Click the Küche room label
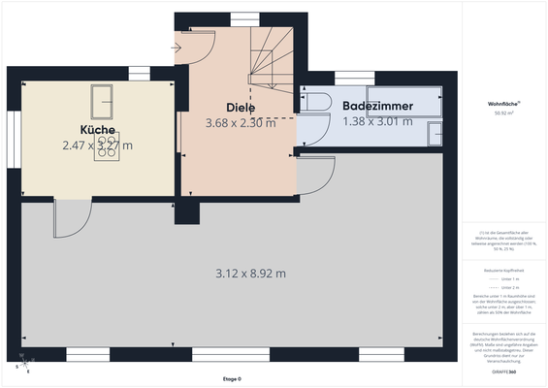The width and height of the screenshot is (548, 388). pyautogui.click(x=99, y=130)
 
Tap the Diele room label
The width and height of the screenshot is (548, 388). pyautogui.click(x=241, y=108)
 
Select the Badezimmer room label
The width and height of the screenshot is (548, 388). pyautogui.click(x=378, y=106)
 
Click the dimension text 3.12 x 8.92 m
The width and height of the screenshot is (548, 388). pyautogui.click(x=250, y=273)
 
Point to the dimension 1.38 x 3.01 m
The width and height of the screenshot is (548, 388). pyautogui.click(x=378, y=121)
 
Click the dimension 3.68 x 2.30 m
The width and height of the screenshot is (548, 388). pyautogui.click(x=241, y=123)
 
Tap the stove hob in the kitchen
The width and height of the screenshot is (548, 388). pyautogui.click(x=107, y=145)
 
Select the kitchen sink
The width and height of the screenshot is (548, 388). pyautogui.click(x=102, y=99)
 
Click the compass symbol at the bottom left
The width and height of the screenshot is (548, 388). pyautogui.click(x=22, y=366)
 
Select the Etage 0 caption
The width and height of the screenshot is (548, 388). pyautogui.click(x=230, y=379)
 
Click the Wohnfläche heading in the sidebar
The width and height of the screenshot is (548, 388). pyautogui.click(x=504, y=103)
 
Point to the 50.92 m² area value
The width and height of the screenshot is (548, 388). pyautogui.click(x=504, y=113)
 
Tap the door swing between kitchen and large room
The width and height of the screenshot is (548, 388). pyautogui.click(x=70, y=218)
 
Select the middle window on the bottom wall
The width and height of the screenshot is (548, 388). pyautogui.click(x=217, y=354)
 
